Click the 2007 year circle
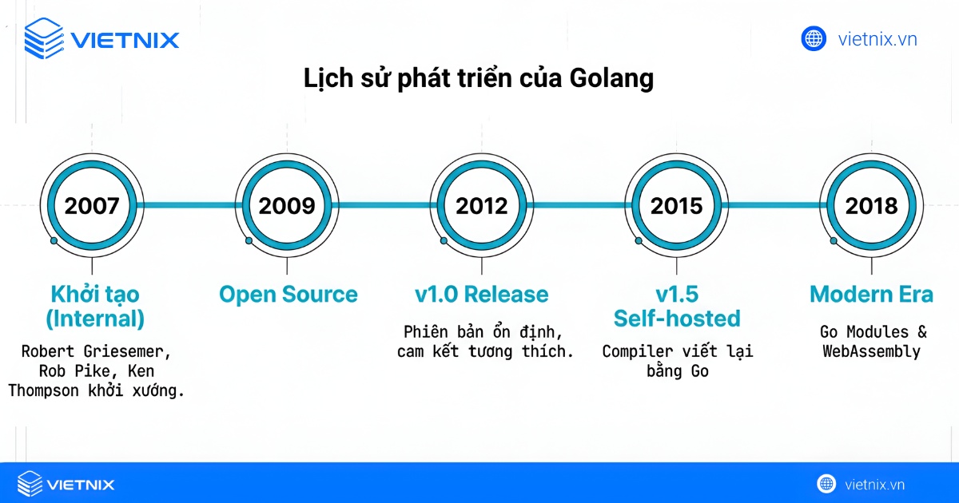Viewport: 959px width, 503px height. coord(92,206)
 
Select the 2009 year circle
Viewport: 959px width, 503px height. coord(287,206)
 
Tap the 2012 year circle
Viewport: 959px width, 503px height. coord(481,206)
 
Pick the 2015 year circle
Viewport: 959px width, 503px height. coord(676,206)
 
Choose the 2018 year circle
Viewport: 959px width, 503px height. coord(871,206)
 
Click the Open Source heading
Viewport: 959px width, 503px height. coord(288,295)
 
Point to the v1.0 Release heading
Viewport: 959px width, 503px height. coord(481,295)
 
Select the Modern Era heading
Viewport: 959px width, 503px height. coord(871,295)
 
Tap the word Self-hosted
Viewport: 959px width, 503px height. coord(677,319)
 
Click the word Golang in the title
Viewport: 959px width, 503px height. coord(611,78)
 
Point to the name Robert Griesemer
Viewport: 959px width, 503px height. coord(96,351)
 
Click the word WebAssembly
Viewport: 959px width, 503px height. coord(871,351)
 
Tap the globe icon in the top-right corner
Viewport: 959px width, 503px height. coord(814,38)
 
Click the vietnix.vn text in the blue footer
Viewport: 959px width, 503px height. coord(874,484)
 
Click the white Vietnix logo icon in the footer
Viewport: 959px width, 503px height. coord(30,484)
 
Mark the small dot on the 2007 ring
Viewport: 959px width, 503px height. coord(54,240)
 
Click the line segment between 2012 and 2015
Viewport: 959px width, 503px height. coord(579,206)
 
